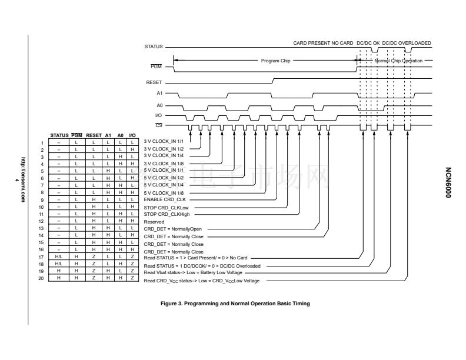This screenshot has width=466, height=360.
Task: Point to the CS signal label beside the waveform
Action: (x=158, y=125)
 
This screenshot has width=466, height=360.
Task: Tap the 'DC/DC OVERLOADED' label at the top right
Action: (x=407, y=43)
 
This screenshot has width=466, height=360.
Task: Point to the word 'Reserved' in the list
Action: (x=154, y=222)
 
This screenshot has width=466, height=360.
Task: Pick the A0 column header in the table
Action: (x=120, y=135)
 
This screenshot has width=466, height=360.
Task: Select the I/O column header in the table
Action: (x=132, y=135)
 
